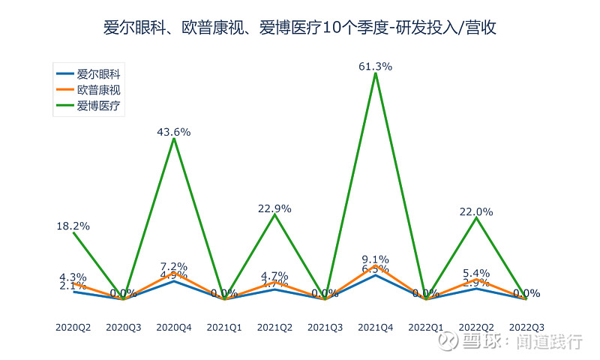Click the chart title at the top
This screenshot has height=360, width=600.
[300, 28]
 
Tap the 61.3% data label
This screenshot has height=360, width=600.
[376, 66]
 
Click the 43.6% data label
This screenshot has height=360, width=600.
[174, 132]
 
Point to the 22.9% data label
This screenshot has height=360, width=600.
[274, 208]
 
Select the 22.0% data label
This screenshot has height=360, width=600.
[476, 211]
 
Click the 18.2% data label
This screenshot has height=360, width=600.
[73, 225]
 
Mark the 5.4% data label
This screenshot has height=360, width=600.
[476, 273]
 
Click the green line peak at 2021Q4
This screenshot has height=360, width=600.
[376, 73]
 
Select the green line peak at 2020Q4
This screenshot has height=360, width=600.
[174, 139]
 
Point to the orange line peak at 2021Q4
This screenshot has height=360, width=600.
[376, 265]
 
